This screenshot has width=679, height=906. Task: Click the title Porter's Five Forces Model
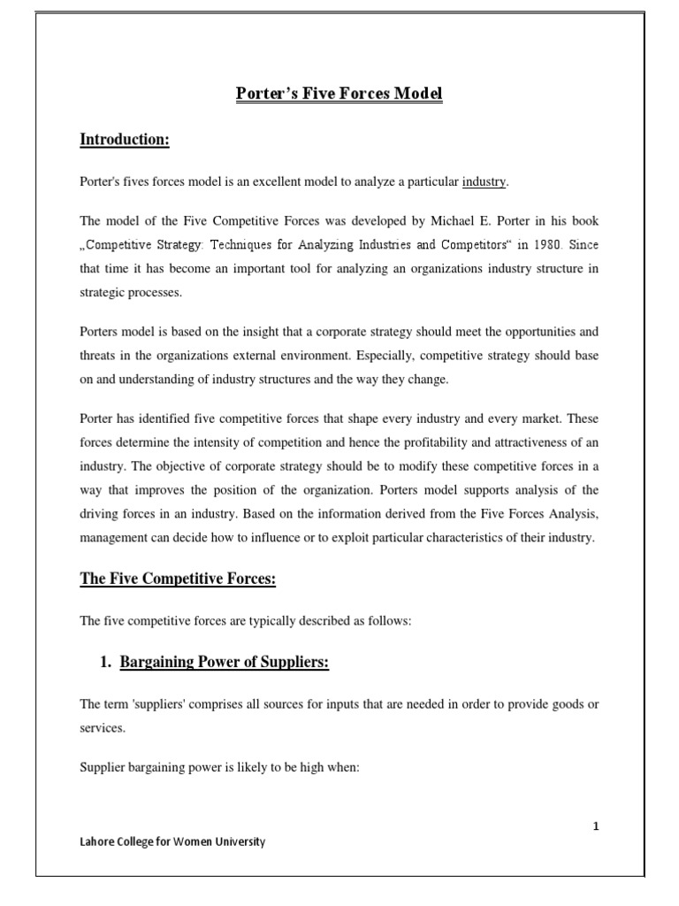[339, 93]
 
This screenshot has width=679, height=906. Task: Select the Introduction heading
[125, 139]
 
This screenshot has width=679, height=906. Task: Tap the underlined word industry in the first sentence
[485, 181]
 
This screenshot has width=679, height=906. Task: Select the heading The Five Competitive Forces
[179, 579]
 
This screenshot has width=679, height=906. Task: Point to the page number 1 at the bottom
[596, 826]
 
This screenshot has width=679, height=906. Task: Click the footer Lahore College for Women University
[172, 842]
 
